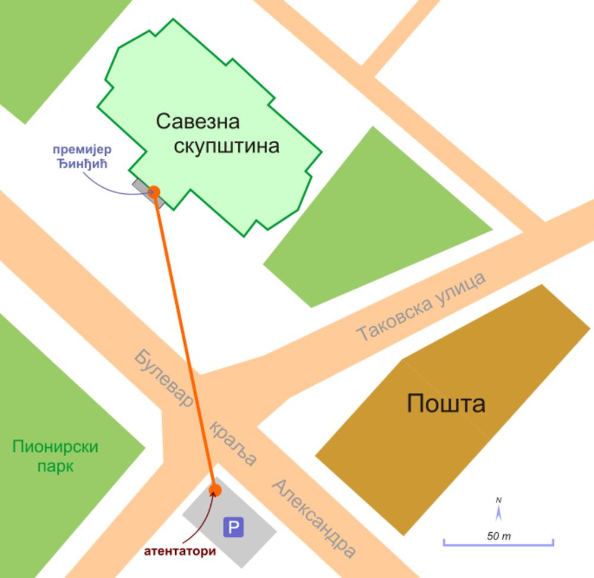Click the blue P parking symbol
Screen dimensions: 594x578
(x=233, y=526)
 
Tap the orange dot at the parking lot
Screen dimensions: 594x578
(x=215, y=490)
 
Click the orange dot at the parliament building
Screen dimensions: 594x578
(x=154, y=191)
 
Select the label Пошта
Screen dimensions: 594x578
(x=446, y=404)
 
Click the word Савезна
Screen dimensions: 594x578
(x=198, y=121)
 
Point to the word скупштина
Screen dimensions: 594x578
(x=226, y=146)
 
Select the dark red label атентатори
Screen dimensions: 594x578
(x=179, y=551)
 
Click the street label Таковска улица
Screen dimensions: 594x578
(x=421, y=307)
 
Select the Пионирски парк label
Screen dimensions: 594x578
(x=55, y=456)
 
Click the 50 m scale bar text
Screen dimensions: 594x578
(x=499, y=536)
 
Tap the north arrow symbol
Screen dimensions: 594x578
(x=499, y=510)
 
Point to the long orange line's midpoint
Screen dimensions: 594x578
(x=185, y=341)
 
